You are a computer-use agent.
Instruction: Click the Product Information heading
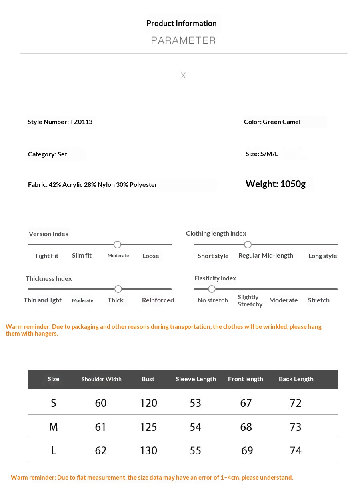pyautogui.click(x=181, y=23)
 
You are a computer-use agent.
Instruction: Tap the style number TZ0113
pyautogui.click(x=81, y=122)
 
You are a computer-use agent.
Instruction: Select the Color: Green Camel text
pyautogui.click(x=272, y=122)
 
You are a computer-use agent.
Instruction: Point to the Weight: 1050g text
pyautogui.click(x=275, y=184)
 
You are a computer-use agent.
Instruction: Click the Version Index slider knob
pyautogui.click(x=117, y=244)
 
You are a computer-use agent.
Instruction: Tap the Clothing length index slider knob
pyautogui.click(x=248, y=244)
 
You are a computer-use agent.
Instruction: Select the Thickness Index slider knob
pyautogui.click(x=118, y=289)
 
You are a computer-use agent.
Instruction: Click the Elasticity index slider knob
pyautogui.click(x=212, y=289)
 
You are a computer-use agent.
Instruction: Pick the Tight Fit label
pyautogui.click(x=46, y=256)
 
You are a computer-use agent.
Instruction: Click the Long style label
pyautogui.click(x=322, y=256)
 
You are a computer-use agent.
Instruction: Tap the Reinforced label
pyautogui.click(x=158, y=300)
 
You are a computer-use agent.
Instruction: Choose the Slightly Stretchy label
pyautogui.click(x=250, y=300)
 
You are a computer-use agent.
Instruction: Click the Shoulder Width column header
pyautogui.click(x=101, y=379)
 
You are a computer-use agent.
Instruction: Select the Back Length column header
pyautogui.click(x=296, y=379)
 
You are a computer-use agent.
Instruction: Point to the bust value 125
pyautogui.click(x=148, y=427)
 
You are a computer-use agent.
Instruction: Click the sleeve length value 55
pyautogui.click(x=195, y=450)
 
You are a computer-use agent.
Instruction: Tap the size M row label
pyautogui.click(x=53, y=427)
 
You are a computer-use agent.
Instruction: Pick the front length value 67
pyautogui.click(x=246, y=403)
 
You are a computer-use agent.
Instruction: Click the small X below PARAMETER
pyautogui.click(x=183, y=75)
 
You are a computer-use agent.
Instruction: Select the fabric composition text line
pyautogui.click(x=92, y=184)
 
